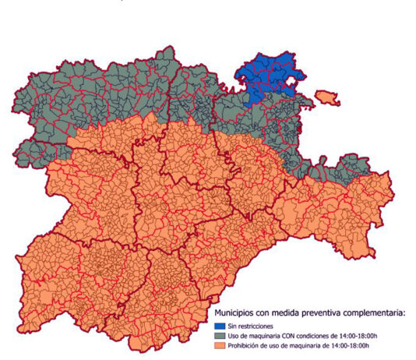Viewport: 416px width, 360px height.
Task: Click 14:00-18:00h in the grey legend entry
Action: [369, 335]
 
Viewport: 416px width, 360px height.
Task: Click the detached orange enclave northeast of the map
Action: [327, 99]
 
